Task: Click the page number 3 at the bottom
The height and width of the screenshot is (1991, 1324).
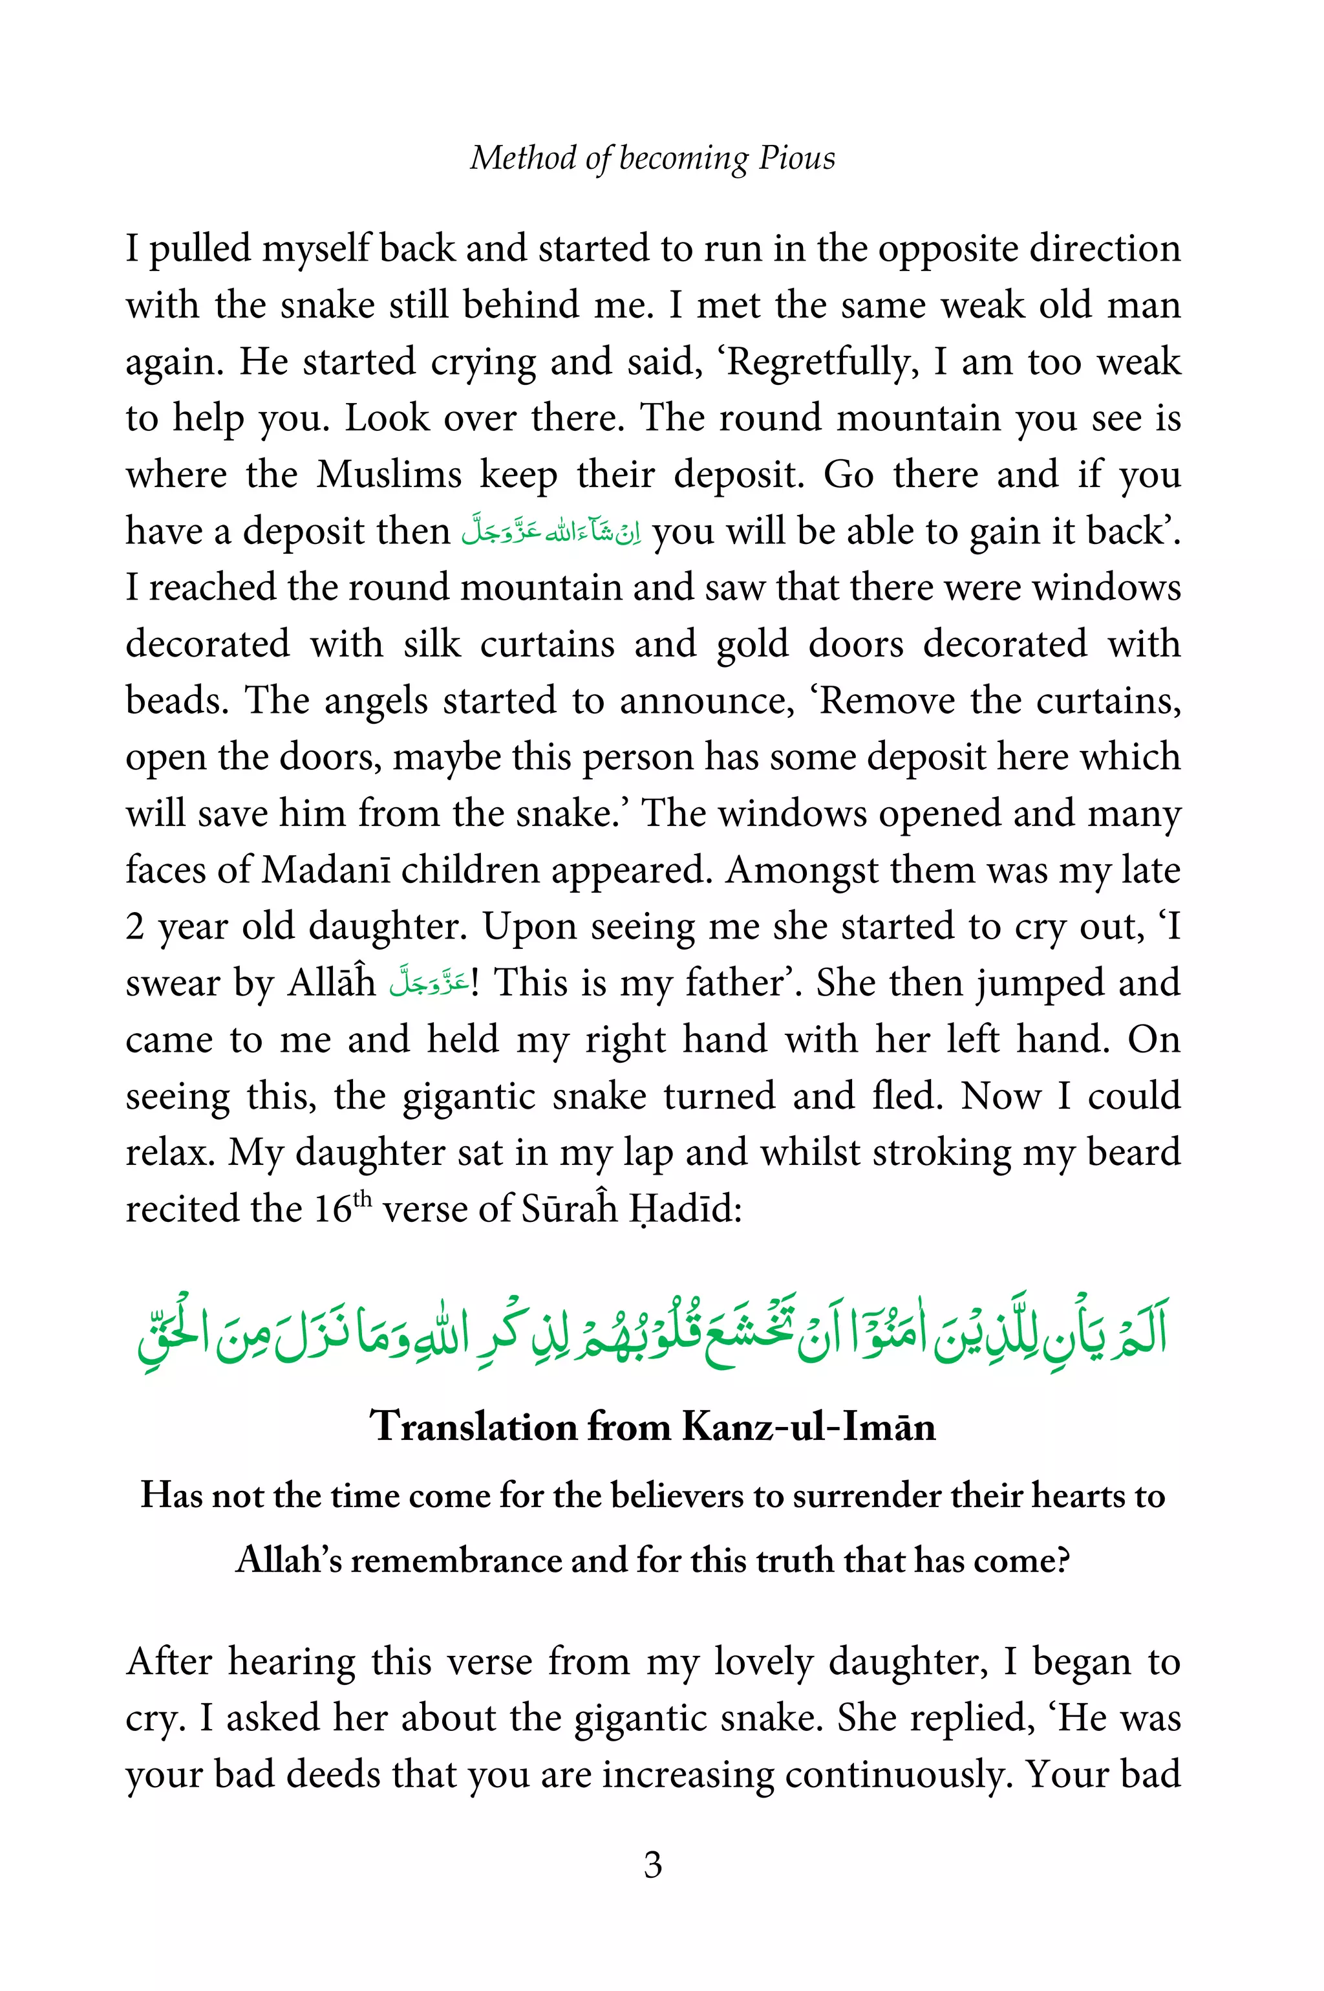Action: coord(653,1864)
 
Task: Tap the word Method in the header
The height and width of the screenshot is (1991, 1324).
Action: coord(522,158)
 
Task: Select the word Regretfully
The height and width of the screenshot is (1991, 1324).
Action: coord(822,362)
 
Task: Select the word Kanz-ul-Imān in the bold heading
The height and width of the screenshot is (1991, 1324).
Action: coord(808,1427)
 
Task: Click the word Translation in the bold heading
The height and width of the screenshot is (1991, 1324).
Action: coord(473,1427)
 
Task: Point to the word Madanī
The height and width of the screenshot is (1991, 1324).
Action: coord(325,870)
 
